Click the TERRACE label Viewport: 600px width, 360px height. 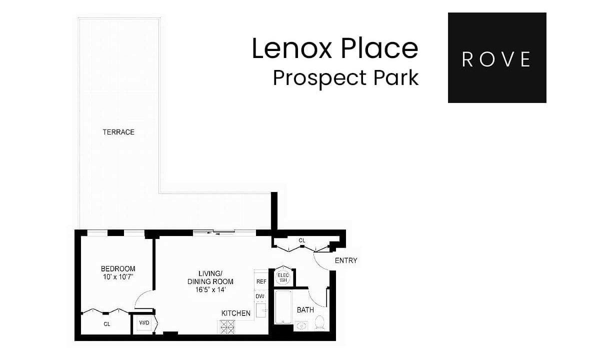(x=118, y=132)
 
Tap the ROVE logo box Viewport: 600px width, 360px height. (x=497, y=57)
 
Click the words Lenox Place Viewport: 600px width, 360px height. (x=335, y=48)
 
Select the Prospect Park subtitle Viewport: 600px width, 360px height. (x=345, y=78)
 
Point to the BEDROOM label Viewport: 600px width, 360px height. (x=118, y=268)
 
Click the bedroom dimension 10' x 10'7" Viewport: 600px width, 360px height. (x=118, y=277)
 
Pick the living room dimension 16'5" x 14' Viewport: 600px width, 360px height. (x=210, y=290)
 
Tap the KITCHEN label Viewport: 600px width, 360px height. (x=235, y=313)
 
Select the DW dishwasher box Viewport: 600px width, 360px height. (x=260, y=296)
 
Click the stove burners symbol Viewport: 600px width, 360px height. (x=227, y=327)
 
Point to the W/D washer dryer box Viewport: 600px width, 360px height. (x=144, y=323)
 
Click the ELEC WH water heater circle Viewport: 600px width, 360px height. (x=283, y=278)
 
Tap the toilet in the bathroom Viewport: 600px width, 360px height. (x=320, y=322)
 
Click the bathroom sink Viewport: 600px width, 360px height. (x=301, y=326)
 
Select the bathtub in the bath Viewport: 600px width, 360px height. (x=283, y=307)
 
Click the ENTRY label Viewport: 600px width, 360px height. (x=346, y=260)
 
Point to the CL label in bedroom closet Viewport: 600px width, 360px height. (x=107, y=324)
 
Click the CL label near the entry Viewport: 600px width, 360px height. (x=302, y=240)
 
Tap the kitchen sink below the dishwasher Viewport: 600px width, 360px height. (x=261, y=310)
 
